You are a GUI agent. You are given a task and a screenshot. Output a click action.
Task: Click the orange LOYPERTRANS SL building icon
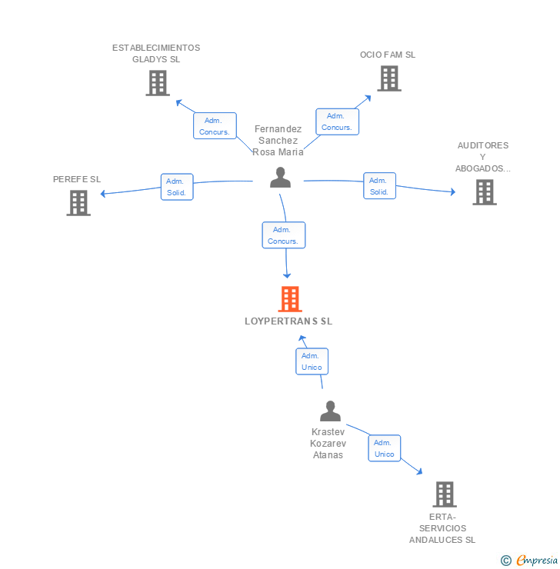point(290,298)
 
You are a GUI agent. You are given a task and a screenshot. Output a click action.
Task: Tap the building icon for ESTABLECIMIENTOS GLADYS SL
point(158,83)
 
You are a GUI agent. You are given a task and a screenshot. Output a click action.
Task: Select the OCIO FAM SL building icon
point(389,78)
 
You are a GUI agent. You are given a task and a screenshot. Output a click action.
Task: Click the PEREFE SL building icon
point(78,202)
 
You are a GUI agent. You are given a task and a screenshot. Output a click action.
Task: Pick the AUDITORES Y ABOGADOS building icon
point(485,192)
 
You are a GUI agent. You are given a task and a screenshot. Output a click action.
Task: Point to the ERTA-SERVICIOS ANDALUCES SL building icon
point(445,494)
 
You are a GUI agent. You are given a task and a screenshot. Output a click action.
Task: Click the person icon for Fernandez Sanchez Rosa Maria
point(281,178)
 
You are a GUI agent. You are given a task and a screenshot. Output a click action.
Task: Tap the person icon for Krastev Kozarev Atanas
point(330,411)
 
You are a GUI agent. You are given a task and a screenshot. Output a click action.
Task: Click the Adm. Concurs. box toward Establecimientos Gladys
point(215,126)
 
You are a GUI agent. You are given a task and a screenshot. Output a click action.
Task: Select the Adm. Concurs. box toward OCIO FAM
point(337,121)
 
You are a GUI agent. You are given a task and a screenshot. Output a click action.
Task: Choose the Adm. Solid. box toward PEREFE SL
point(177,186)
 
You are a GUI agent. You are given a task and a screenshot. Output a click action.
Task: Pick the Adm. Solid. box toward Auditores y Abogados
point(379,186)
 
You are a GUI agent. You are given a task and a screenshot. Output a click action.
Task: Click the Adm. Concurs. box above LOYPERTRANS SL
point(284,235)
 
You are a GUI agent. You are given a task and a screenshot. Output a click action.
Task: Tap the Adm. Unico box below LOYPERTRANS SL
point(312,361)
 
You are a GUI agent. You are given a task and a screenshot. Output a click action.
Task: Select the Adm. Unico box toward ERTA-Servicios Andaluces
point(385,448)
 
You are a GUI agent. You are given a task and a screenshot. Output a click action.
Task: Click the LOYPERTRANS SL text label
point(288,321)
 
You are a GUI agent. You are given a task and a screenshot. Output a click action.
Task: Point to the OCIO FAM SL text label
point(388,55)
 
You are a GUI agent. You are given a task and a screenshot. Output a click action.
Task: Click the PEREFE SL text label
point(77,179)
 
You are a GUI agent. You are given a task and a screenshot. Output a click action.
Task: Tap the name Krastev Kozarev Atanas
point(328,443)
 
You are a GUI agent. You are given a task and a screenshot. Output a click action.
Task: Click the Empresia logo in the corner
point(536,560)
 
